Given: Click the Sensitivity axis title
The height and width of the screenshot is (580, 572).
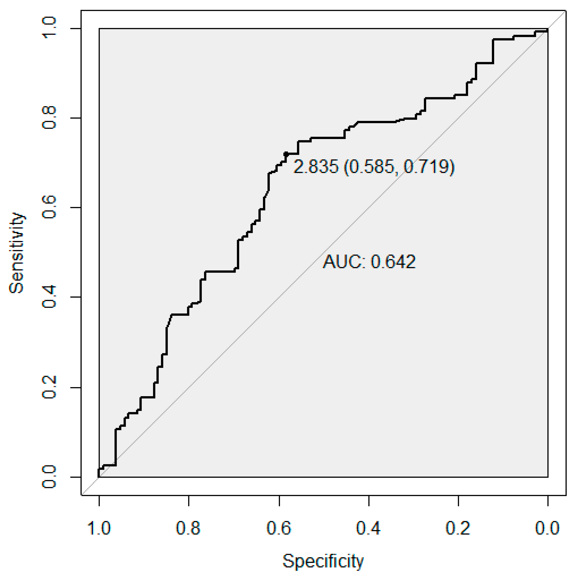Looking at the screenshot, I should click(x=17, y=253).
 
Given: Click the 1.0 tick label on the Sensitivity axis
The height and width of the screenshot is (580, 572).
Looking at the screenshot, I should click(x=49, y=28).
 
